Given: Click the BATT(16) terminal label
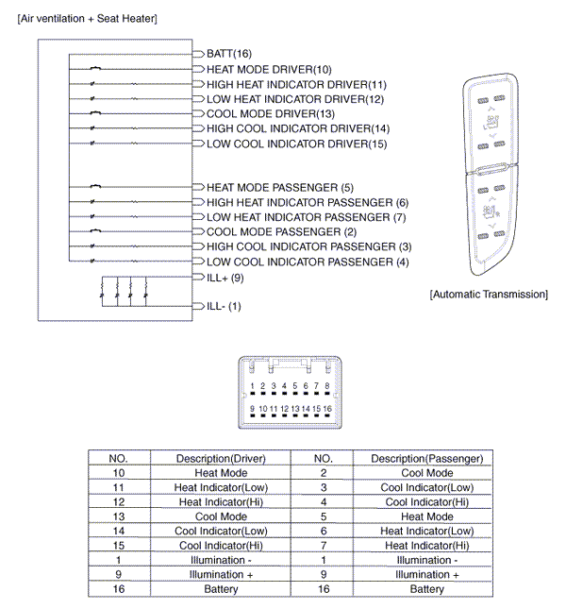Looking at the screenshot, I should (228, 54).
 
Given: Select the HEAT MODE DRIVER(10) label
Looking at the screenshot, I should (269, 70).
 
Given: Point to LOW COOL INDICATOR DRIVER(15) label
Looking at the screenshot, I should (296, 144).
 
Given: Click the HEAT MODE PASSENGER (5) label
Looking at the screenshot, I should (279, 188).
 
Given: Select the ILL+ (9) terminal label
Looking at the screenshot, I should (225, 279).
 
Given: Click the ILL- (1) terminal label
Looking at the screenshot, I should (224, 306).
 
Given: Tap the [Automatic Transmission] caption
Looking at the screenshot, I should (488, 295).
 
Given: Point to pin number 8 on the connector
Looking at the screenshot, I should (327, 386).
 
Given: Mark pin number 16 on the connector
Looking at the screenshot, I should (327, 408).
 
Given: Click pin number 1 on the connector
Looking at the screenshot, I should (252, 386).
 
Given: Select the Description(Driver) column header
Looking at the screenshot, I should (221, 459).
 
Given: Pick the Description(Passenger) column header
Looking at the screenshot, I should (426, 459).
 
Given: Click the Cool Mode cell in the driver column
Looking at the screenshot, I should (221, 516).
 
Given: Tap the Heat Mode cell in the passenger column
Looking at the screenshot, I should (426, 516).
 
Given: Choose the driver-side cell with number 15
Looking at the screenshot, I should (119, 546).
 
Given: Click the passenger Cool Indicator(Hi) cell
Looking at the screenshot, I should (426, 502).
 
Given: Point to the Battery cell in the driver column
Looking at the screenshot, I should (221, 589).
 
